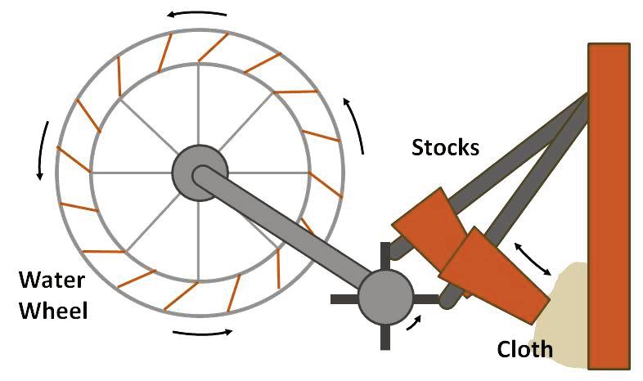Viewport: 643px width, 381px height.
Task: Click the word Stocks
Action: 445,148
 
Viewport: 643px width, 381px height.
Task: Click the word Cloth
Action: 525,350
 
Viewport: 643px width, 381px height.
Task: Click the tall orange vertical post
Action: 608,204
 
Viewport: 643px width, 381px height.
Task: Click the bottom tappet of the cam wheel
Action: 384,338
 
